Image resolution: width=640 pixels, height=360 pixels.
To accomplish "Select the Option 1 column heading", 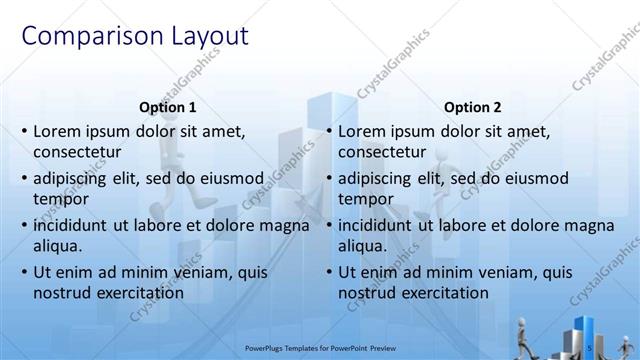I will coord(167,108).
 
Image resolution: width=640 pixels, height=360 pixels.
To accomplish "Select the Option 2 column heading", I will coord(472,108).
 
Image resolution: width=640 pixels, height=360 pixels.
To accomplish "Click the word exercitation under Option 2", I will coord(441,293).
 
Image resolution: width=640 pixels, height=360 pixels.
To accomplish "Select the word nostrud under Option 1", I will coord(62,293).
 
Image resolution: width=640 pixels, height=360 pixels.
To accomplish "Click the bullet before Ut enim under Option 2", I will coord(328,272).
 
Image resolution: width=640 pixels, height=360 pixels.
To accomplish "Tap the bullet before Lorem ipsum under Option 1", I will coord(24,132).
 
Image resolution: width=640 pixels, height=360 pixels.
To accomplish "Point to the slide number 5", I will coord(591,348).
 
